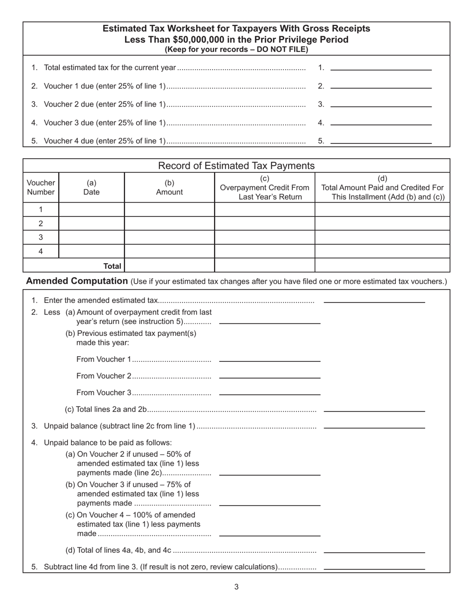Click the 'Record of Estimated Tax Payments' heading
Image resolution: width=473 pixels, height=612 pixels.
pyautogui.click(x=236, y=166)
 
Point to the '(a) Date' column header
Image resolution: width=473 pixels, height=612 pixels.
pyautogui.click(x=92, y=188)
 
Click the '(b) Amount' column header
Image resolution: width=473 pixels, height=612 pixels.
pyautogui.click(x=169, y=188)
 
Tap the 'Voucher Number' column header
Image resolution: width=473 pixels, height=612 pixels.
pyautogui.click(x=41, y=188)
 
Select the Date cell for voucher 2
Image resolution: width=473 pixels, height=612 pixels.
pyautogui.click(x=92, y=223)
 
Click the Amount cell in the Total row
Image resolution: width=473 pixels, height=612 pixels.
pyautogui.click(x=169, y=266)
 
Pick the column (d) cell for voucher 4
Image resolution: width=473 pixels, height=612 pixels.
pyautogui.click(x=382, y=251)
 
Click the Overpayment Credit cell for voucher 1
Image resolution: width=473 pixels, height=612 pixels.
pyautogui.click(x=264, y=209)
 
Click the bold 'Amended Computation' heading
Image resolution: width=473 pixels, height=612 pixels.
pyautogui.click(x=77, y=281)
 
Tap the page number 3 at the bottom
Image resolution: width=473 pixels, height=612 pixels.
pyautogui.click(x=236, y=587)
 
